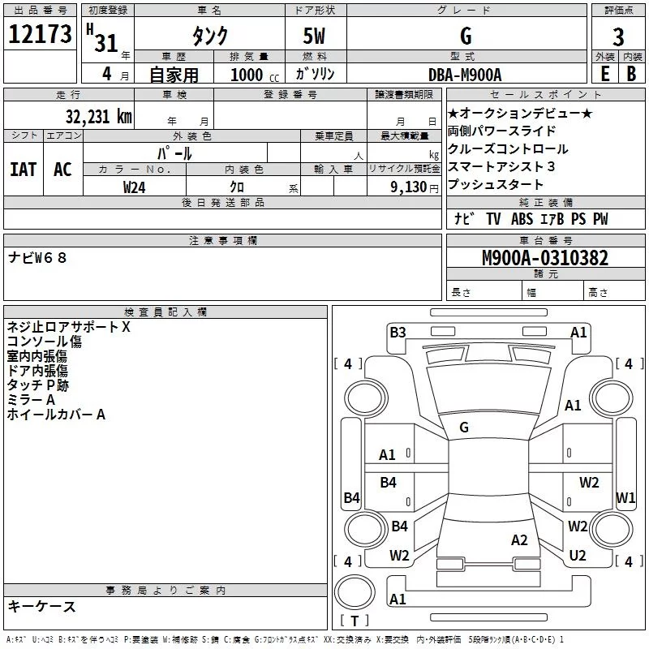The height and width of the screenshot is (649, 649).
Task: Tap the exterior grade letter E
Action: pyautogui.click(x=604, y=73)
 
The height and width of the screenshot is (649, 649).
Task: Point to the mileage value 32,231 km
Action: pyautogui.click(x=98, y=116)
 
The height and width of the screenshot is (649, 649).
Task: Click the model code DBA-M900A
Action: pyautogui.click(x=465, y=74)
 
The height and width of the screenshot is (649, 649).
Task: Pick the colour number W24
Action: pyautogui.click(x=135, y=187)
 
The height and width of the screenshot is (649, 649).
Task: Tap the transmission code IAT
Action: pyautogui.click(x=24, y=169)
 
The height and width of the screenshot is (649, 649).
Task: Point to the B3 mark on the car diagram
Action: pyautogui.click(x=398, y=332)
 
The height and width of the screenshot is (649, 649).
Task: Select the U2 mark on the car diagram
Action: pyautogui.click(x=578, y=555)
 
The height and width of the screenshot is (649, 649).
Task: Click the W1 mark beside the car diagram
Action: pyautogui.click(x=625, y=497)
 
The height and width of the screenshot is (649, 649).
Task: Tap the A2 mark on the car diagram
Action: pyautogui.click(x=519, y=540)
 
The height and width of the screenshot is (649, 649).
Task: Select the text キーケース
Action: pyautogui.click(x=42, y=606)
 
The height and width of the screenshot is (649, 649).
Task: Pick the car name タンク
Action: pyautogui.click(x=209, y=37)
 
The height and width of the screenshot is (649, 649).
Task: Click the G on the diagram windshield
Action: pyautogui.click(x=464, y=427)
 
